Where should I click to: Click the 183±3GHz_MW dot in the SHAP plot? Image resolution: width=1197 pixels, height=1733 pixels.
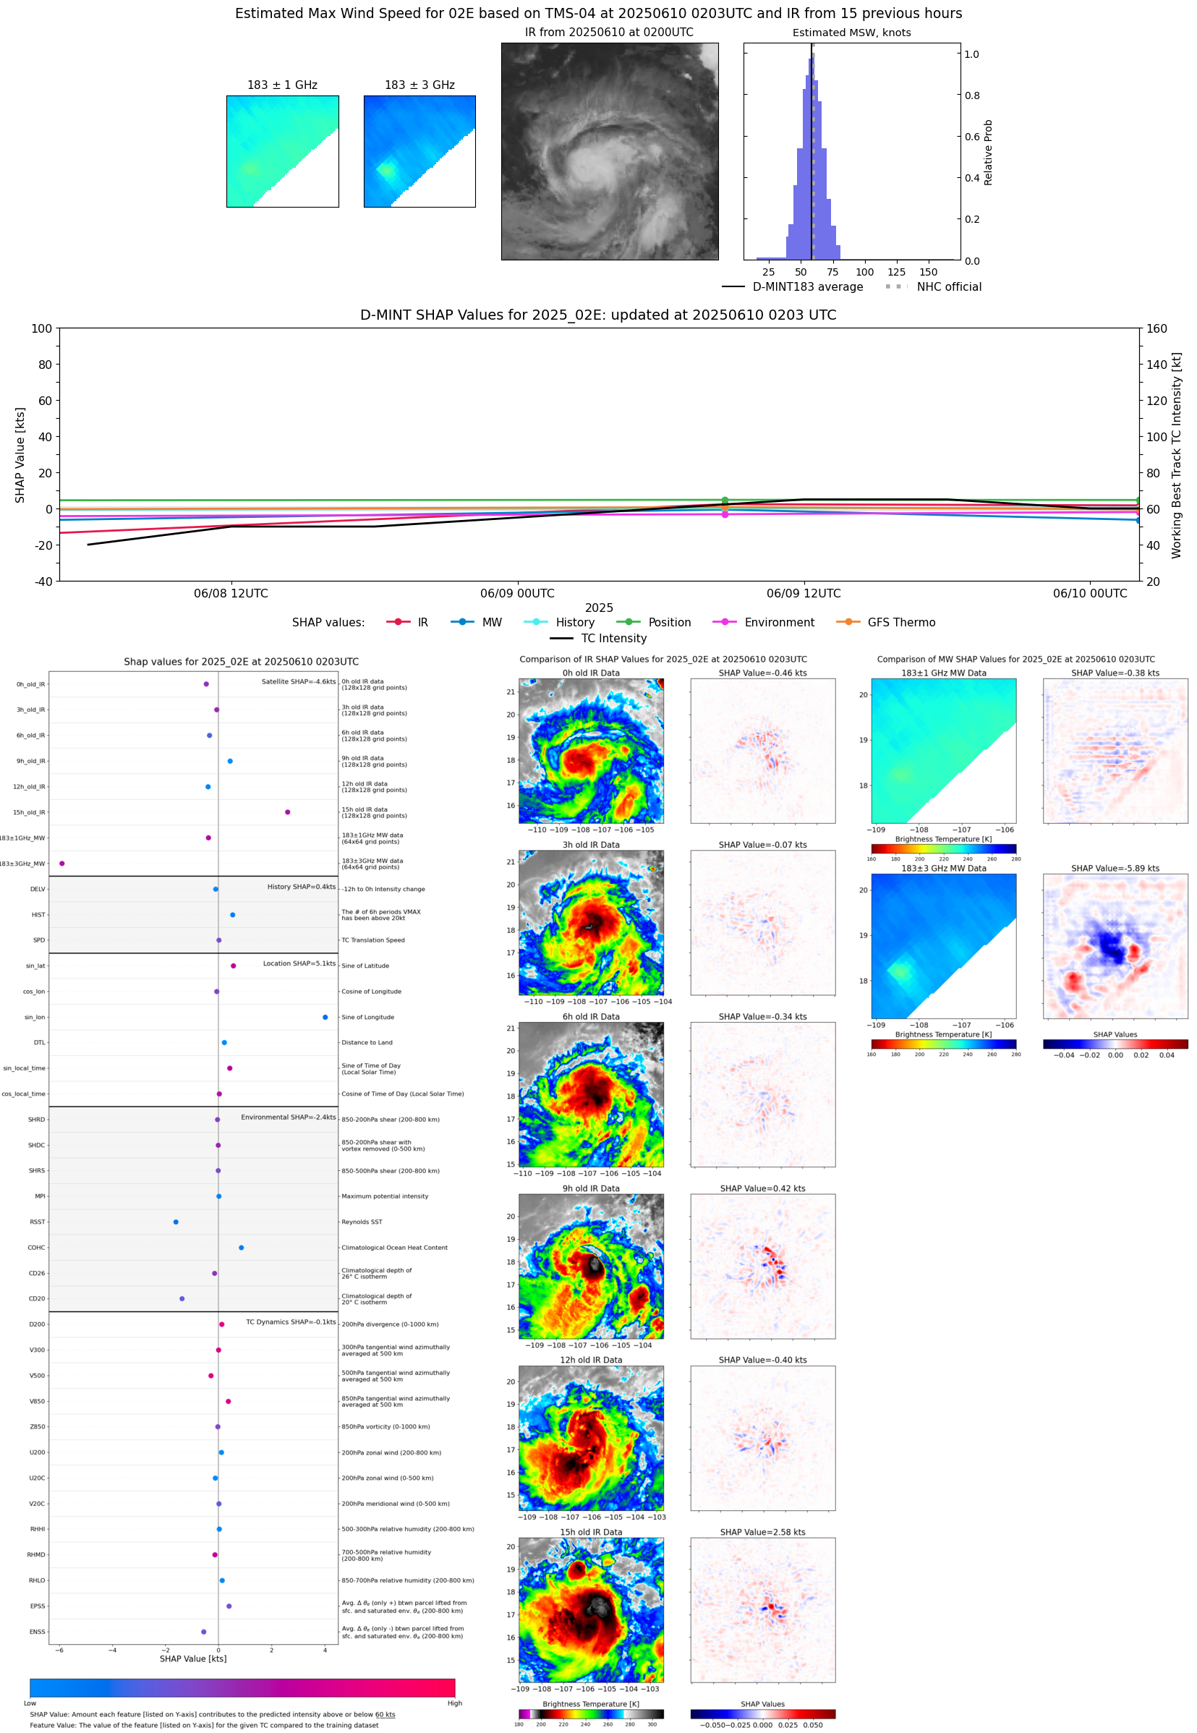point(61,863)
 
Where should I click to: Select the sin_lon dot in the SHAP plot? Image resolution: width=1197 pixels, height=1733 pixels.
point(325,1017)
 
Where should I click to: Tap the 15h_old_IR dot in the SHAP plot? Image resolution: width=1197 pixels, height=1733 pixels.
point(287,812)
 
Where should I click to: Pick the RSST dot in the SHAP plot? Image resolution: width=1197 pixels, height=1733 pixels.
point(176,1222)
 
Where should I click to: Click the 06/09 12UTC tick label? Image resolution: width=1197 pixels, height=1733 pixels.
point(804,593)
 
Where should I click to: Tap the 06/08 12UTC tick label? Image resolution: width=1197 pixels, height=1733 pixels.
point(230,593)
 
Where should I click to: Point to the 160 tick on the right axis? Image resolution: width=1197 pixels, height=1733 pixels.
point(1156,328)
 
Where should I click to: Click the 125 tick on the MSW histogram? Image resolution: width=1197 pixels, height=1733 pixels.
point(896,272)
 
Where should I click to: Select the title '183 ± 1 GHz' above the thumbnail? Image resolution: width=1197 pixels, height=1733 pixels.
point(282,85)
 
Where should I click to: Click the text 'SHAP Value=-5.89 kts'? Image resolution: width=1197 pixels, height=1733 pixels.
point(1115,869)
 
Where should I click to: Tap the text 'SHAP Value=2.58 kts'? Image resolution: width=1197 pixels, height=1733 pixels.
point(762,1532)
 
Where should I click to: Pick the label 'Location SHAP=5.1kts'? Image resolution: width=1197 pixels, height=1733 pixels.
point(299,963)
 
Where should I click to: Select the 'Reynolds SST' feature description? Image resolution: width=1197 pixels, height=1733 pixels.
point(362,1222)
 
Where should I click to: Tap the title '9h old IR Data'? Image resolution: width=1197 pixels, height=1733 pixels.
point(590,1188)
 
